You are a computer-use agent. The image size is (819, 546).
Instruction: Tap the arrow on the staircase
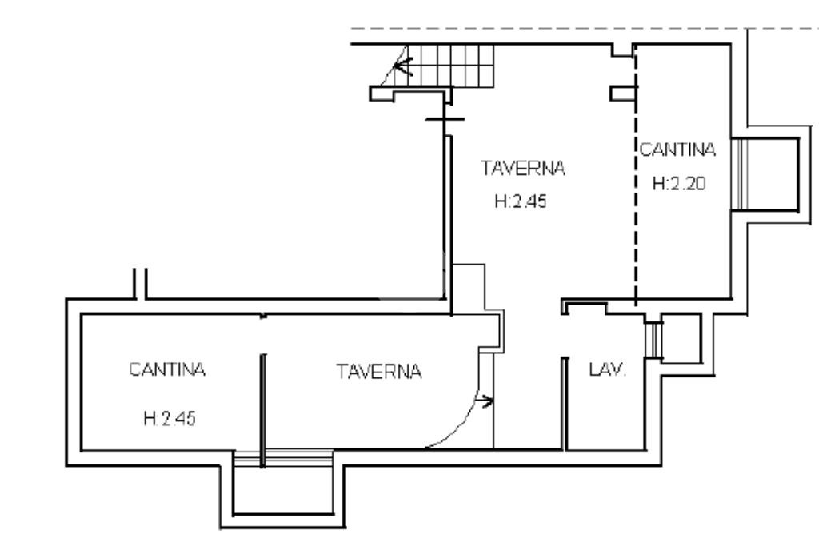coord(403,66)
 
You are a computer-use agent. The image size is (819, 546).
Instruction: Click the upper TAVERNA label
coord(523,169)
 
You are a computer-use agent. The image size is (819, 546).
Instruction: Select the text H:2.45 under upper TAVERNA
coord(520,202)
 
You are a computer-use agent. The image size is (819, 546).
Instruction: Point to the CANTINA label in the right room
coord(677,149)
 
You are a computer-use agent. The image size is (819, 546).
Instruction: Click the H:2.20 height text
coord(678,184)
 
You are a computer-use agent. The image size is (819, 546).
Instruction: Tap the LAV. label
coord(608,371)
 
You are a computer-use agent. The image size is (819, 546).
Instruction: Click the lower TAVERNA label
coord(378,372)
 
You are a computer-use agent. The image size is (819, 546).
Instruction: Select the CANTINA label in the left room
coord(168,370)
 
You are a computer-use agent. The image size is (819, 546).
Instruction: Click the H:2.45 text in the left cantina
coord(168,419)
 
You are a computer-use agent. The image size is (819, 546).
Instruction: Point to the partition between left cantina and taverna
coord(262,404)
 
